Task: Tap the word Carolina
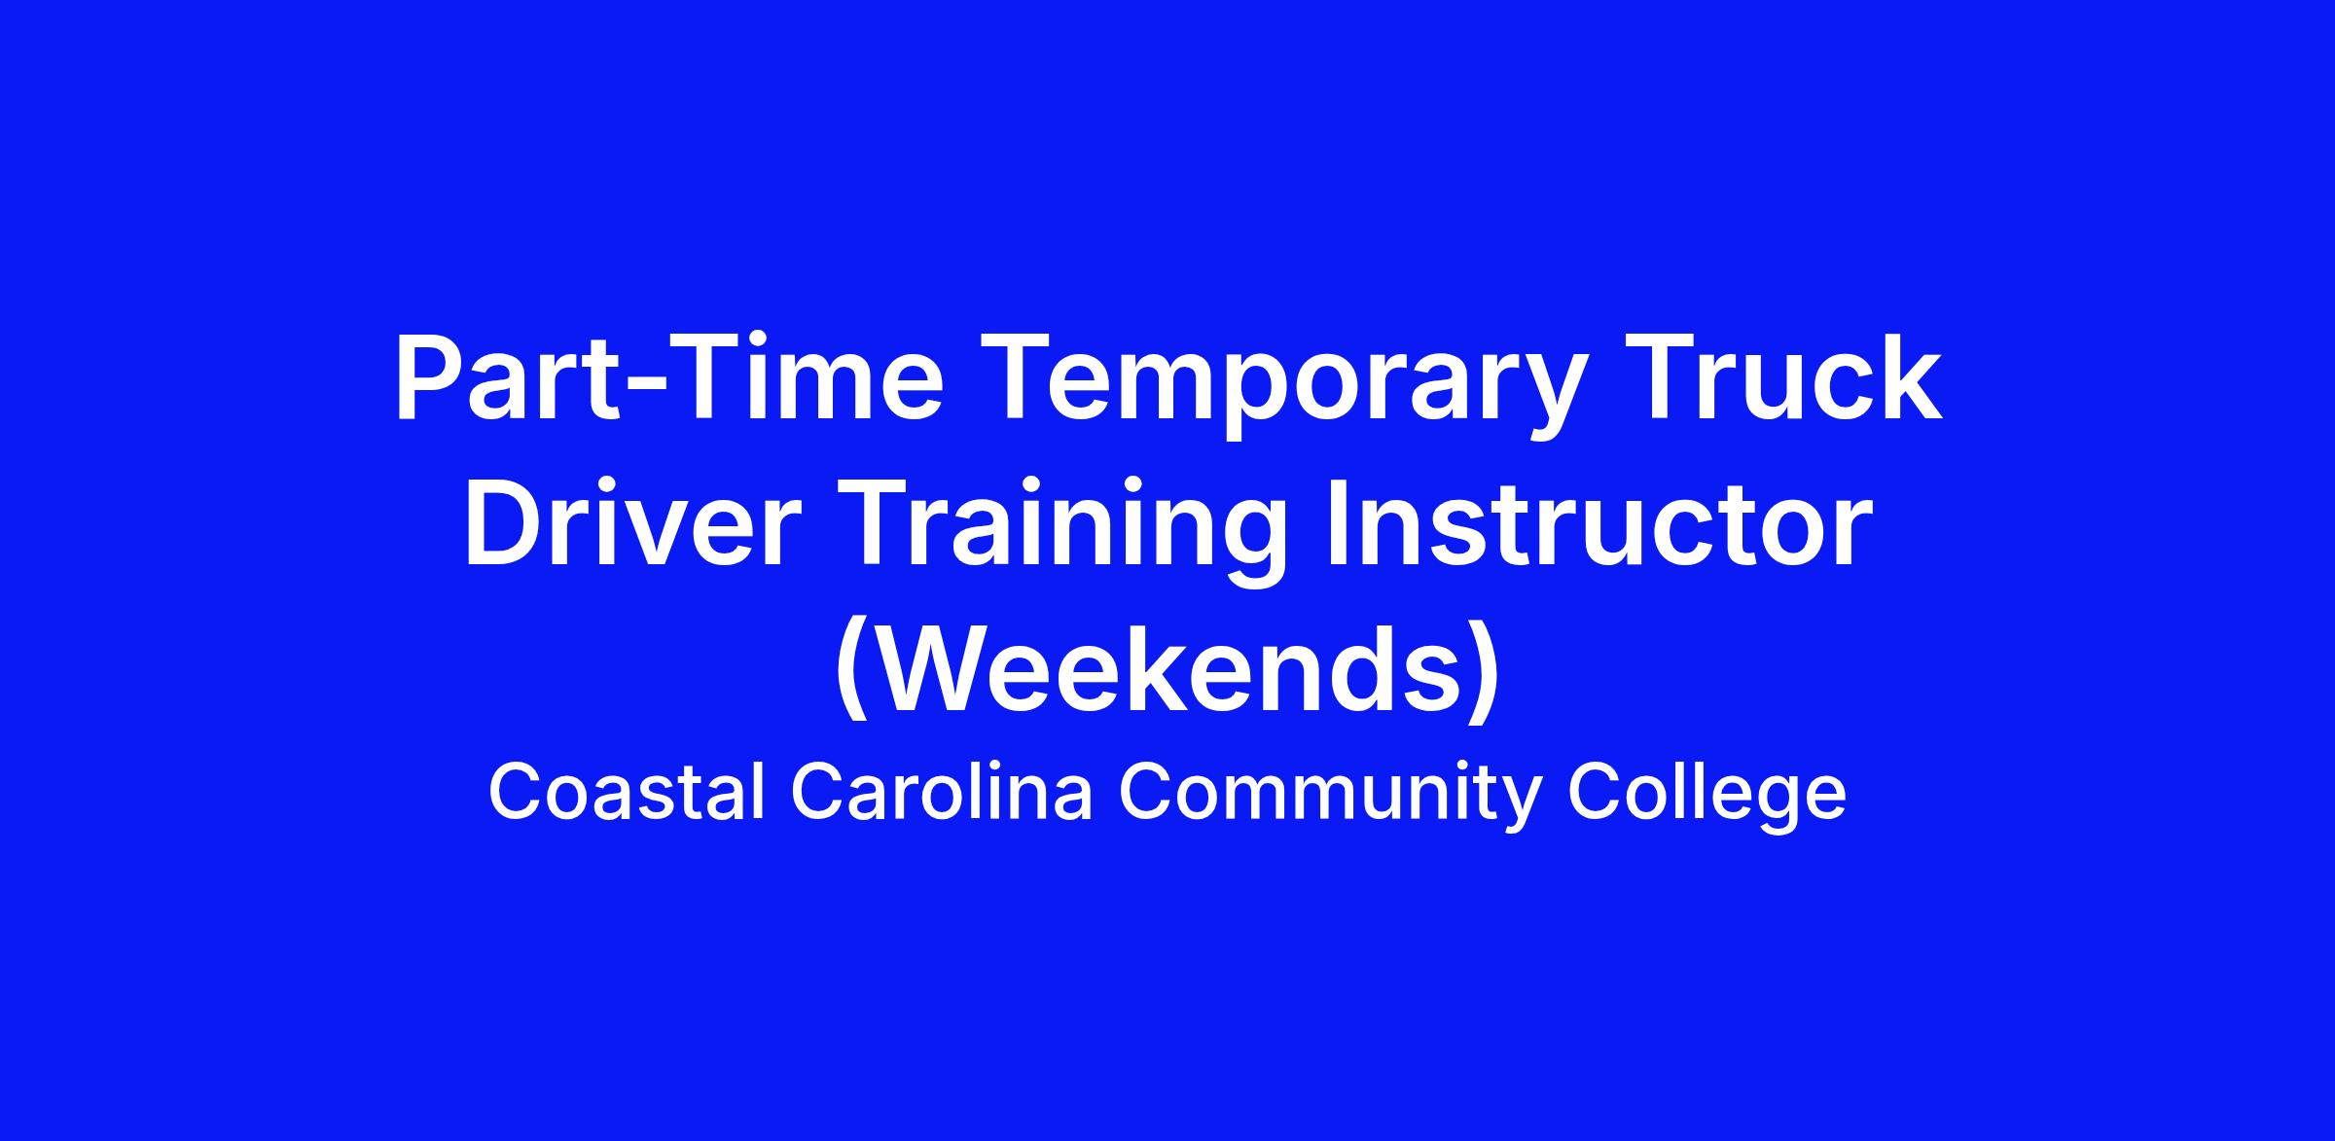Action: [x=943, y=792]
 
